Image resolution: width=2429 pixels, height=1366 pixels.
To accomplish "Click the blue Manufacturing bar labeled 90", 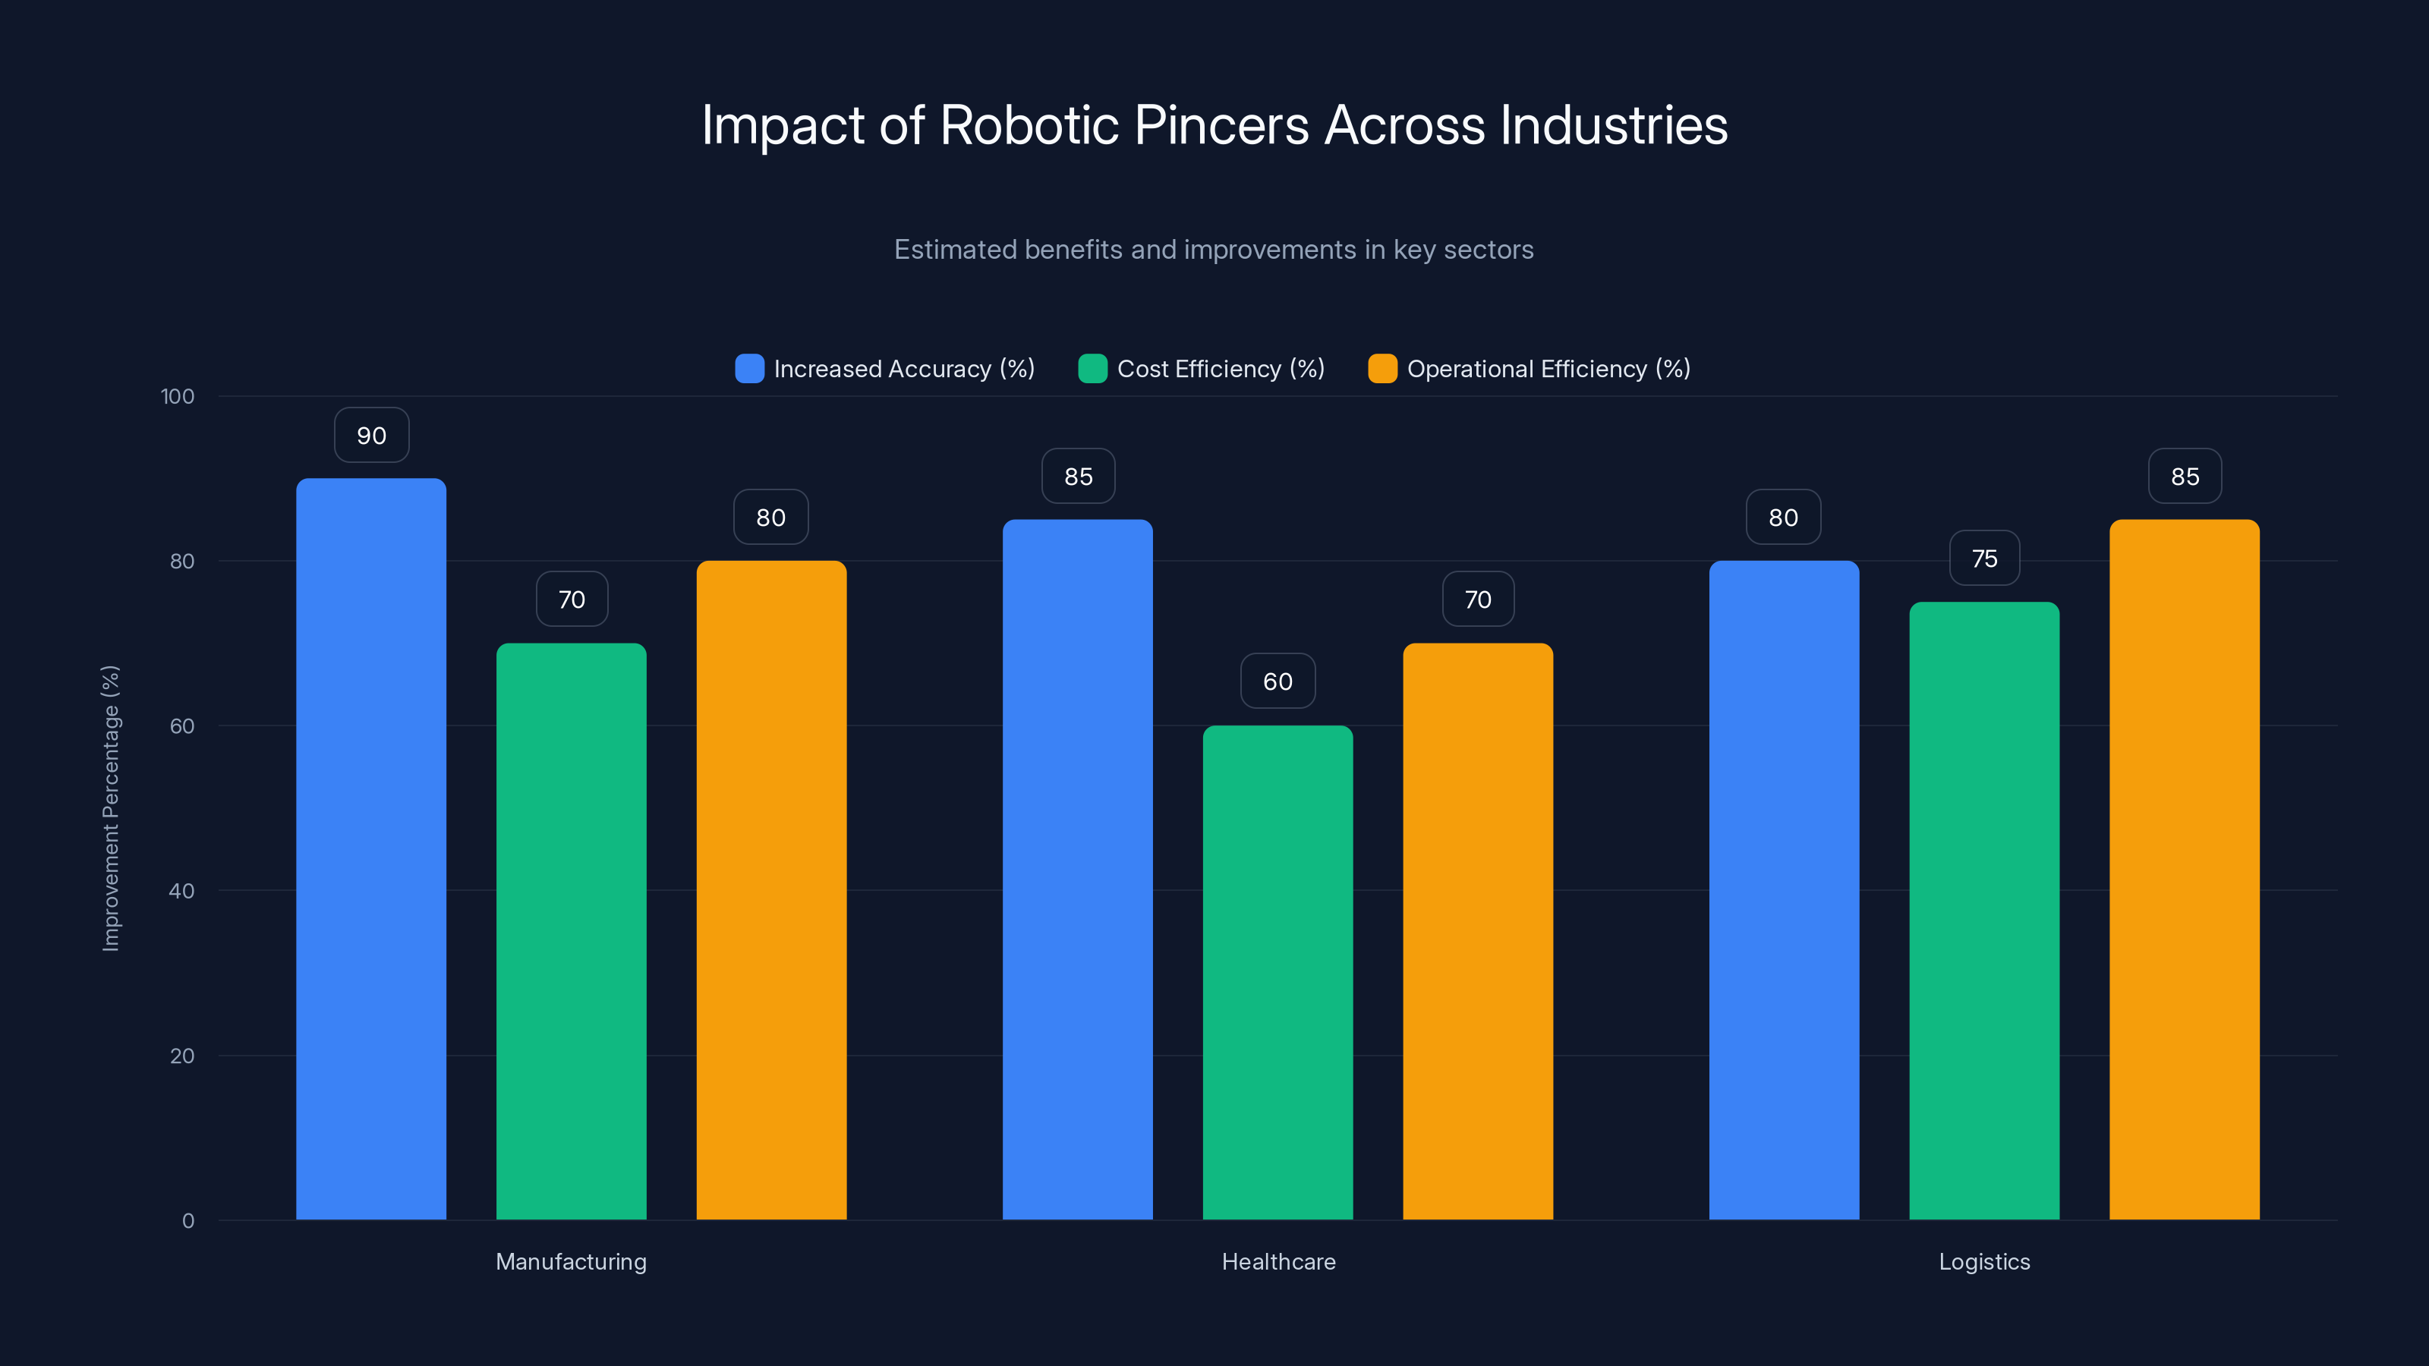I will click(370, 848).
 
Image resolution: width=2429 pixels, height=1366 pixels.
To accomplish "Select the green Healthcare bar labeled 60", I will click(1278, 971).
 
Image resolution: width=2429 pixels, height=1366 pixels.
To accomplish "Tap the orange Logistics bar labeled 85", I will click(2184, 867).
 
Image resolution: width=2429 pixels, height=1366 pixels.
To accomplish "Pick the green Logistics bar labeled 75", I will click(1984, 910).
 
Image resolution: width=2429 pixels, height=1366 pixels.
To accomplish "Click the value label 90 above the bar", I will click(371, 436).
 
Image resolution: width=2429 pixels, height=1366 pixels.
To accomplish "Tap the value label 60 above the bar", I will click(1278, 681).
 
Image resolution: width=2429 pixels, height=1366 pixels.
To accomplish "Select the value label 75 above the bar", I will click(1984, 559).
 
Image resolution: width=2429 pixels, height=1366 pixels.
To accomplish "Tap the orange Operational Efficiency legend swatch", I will click(1382, 369).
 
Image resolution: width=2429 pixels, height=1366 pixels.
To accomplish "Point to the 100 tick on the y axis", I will click(178, 396).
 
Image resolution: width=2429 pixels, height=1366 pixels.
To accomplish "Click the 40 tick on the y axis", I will click(181, 891).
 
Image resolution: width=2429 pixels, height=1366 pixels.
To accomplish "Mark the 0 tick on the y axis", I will click(187, 1221).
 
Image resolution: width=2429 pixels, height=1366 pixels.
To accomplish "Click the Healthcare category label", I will click(1278, 1261).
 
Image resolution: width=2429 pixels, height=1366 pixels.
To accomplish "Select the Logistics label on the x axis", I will click(1984, 1261).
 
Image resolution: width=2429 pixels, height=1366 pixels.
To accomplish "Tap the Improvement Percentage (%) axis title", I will click(112, 808).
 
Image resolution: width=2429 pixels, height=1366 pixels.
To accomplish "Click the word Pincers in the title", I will click(1221, 125).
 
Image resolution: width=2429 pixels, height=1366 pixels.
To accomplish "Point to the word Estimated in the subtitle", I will click(954, 250).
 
